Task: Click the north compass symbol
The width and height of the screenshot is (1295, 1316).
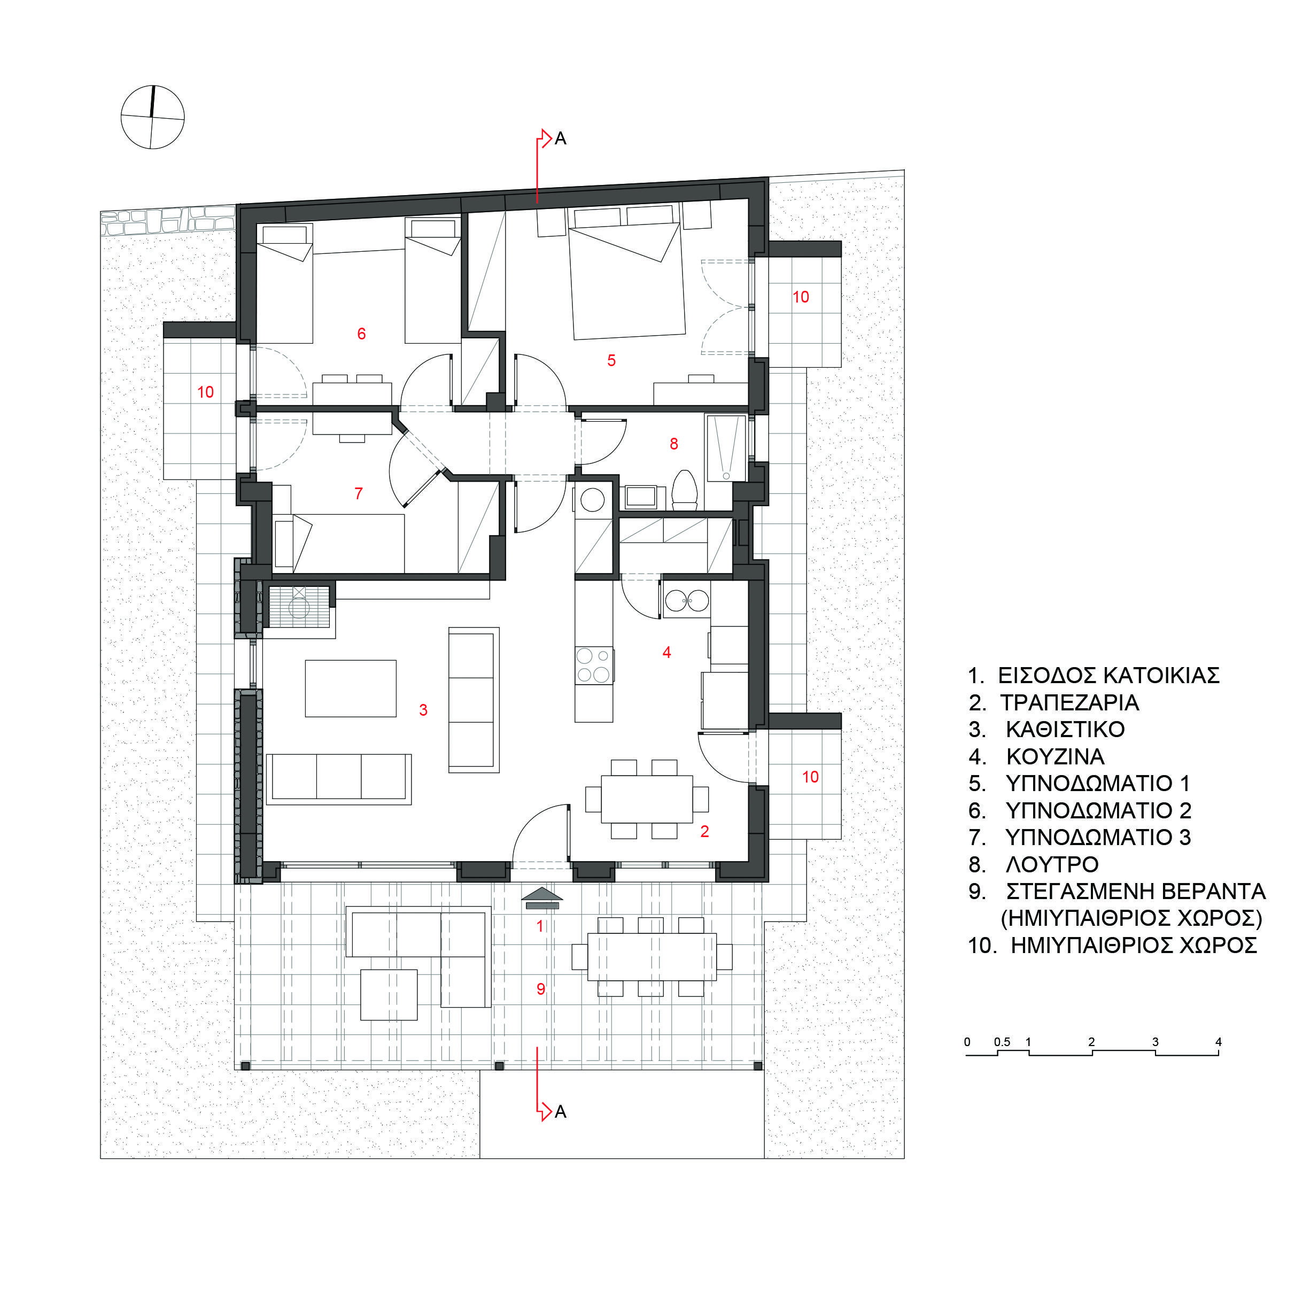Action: point(152,117)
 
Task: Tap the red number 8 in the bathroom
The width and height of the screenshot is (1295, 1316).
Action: point(674,444)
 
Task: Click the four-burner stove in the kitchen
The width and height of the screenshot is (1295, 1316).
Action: point(594,665)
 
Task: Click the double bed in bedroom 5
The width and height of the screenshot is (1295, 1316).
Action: point(626,281)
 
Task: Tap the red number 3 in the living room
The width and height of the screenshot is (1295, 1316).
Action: point(423,710)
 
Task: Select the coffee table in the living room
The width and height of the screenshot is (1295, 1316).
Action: point(350,688)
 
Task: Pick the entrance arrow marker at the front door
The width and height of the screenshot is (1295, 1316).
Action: point(542,898)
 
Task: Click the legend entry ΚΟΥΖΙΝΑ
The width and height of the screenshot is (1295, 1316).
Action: point(1055,756)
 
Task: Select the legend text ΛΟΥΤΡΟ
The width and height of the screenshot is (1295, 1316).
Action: point(1051,864)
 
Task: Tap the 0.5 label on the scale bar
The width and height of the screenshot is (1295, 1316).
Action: point(1002,1042)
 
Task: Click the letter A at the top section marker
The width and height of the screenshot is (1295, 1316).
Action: point(561,139)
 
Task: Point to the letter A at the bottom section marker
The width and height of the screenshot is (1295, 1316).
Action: point(561,1111)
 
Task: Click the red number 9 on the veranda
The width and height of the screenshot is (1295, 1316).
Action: point(541,989)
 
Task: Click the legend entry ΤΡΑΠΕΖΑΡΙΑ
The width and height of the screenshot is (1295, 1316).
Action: point(1069,702)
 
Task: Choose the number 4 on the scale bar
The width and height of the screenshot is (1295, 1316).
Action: point(1218,1042)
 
